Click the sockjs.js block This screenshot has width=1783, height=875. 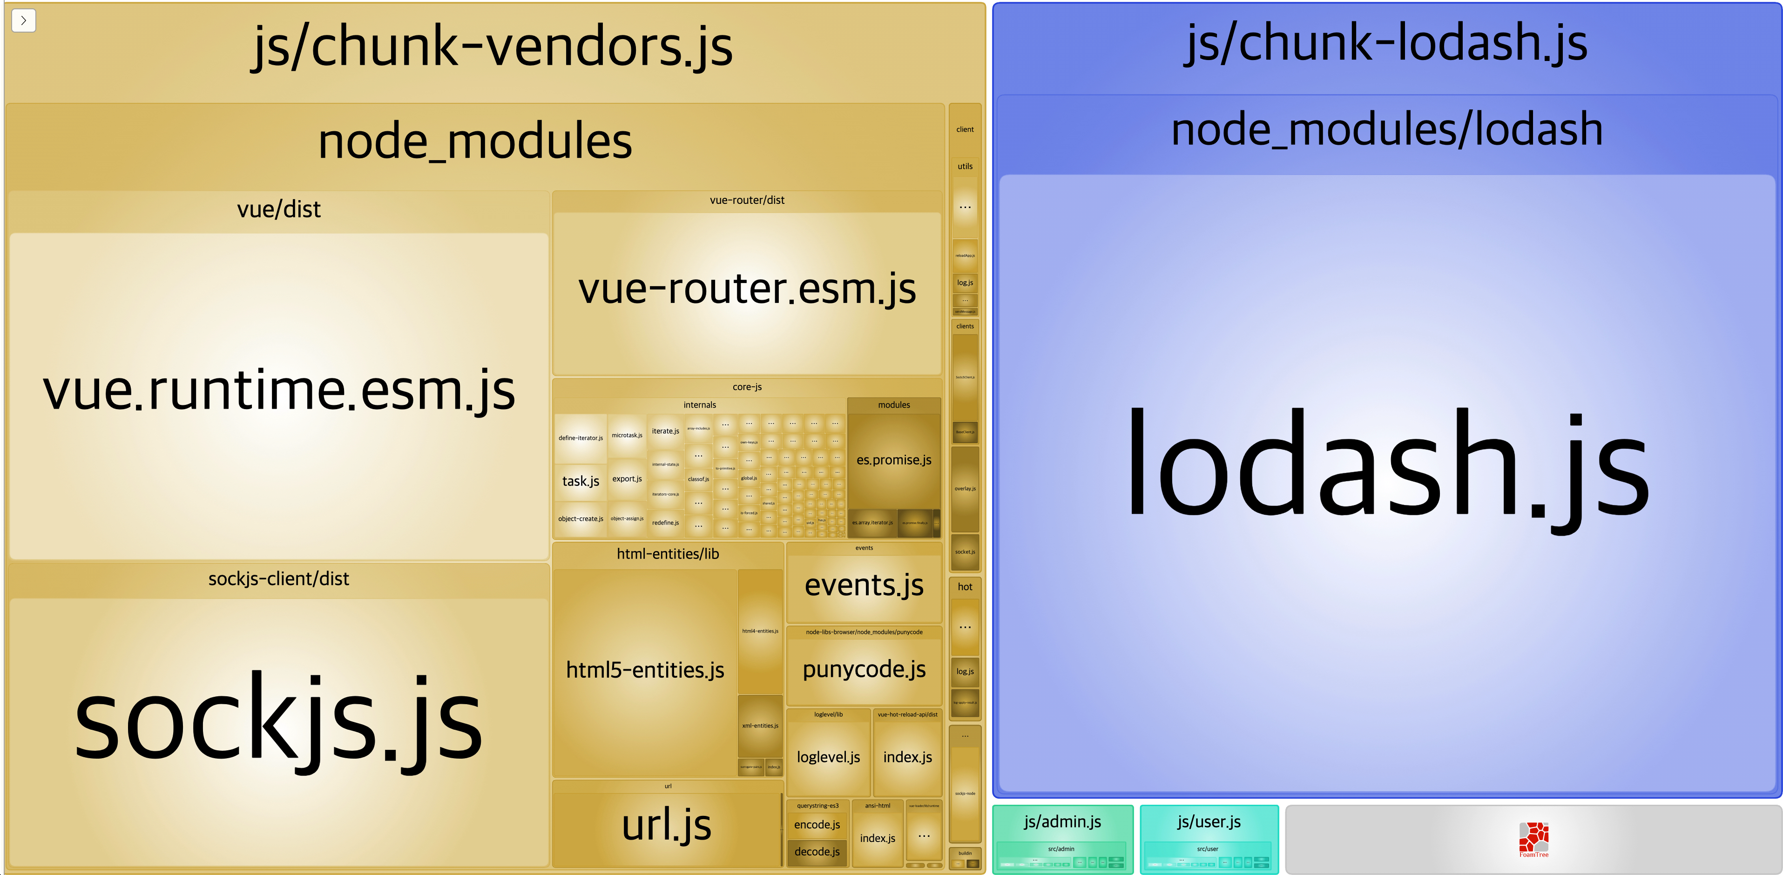279,720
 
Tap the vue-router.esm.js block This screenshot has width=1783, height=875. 747,289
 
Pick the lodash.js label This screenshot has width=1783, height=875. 1387,464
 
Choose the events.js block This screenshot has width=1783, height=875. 864,586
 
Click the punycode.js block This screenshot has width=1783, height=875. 864,669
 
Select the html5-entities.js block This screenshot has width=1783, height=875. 645,670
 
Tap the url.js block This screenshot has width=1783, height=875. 667,825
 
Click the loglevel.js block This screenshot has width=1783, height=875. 829,757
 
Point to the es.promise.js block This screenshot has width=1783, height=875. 893,460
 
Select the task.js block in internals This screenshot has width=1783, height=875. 581,481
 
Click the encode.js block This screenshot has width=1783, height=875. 817,824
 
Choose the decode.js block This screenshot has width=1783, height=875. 817,851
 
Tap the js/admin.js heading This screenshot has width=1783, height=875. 1062,821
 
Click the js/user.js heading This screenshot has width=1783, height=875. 1209,821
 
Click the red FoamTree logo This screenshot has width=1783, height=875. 1534,838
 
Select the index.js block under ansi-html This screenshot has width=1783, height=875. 878,838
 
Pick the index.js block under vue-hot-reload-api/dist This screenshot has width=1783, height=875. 907,757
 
